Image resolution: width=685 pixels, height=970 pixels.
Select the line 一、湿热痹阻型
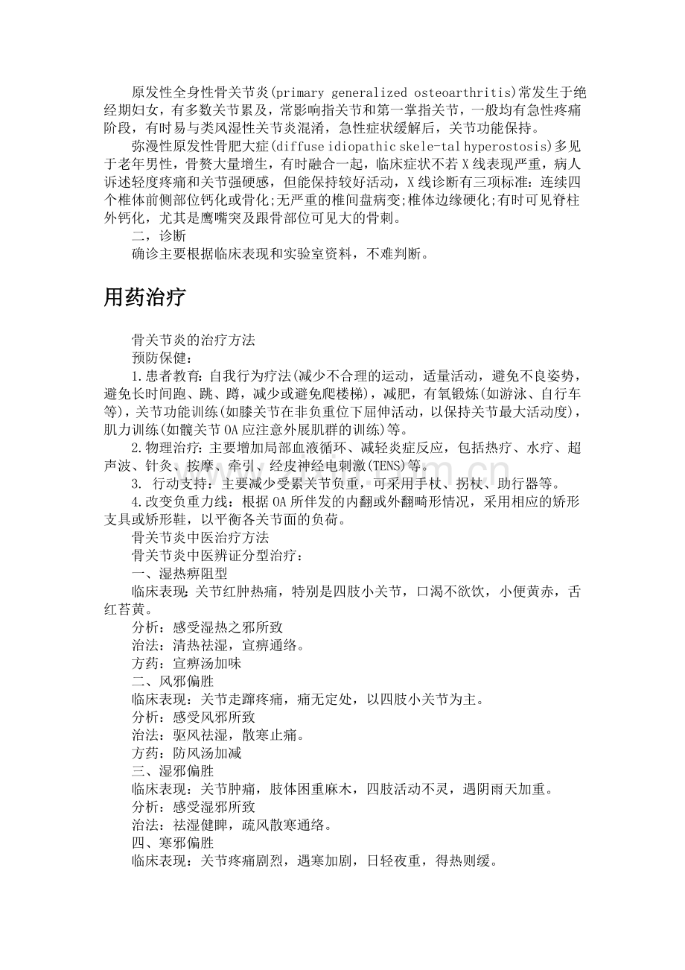click(179, 574)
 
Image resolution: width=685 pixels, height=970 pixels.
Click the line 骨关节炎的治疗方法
click(193, 340)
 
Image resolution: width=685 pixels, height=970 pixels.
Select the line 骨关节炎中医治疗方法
click(200, 538)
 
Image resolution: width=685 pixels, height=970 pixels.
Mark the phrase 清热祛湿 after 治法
click(200, 645)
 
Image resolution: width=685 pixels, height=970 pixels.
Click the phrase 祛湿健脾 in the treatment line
click(200, 825)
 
